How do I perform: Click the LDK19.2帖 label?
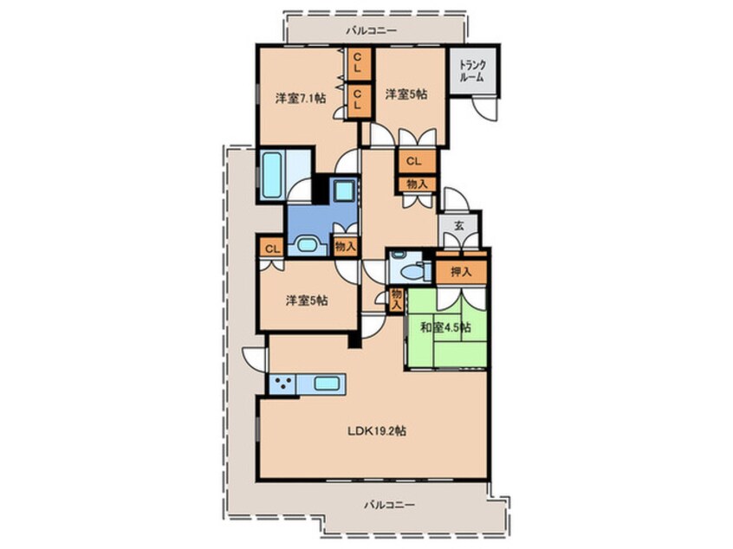click(376, 430)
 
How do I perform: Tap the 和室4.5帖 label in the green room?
click(445, 327)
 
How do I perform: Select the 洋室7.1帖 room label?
click(301, 98)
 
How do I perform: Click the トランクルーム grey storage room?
click(472, 72)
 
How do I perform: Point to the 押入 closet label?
click(461, 272)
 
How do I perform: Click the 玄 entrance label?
click(459, 226)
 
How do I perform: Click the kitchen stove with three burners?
click(282, 384)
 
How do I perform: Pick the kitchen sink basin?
click(327, 384)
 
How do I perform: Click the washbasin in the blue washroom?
click(307, 245)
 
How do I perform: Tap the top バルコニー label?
click(371, 31)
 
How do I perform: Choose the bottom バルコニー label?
click(389, 505)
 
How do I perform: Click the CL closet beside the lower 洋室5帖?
click(272, 249)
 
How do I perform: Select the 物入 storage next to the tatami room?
click(397, 300)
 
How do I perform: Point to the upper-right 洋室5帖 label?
click(405, 94)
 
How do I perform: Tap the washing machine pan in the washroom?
click(345, 191)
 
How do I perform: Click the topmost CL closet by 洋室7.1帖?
click(357, 63)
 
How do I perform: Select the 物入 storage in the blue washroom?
click(345, 246)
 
